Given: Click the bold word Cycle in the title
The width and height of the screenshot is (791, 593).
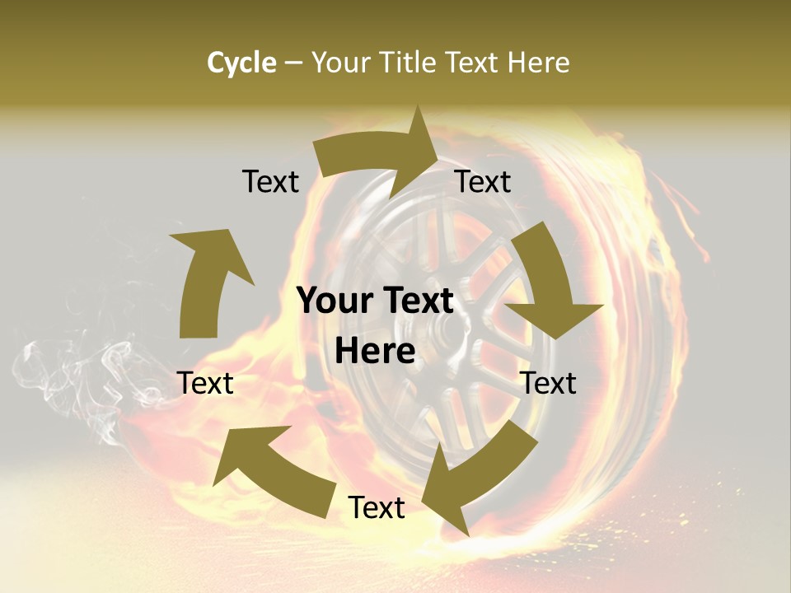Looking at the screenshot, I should coord(241,63).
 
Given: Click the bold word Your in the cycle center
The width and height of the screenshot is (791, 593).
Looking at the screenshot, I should coord(334,301).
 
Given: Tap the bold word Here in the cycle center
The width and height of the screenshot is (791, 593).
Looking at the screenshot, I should coord(375,352).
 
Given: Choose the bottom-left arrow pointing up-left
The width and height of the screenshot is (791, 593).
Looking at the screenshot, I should coord(272,469).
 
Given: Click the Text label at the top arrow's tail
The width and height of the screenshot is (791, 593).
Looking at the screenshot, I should coord(270,182).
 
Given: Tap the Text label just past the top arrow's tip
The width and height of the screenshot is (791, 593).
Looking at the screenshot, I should coord(483,182).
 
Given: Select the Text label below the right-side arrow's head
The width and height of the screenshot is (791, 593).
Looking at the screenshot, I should coord(549,384).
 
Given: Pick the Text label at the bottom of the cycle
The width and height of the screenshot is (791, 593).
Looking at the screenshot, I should coord(376,508).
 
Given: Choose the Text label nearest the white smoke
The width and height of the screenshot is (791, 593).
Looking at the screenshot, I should coord(205,384).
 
